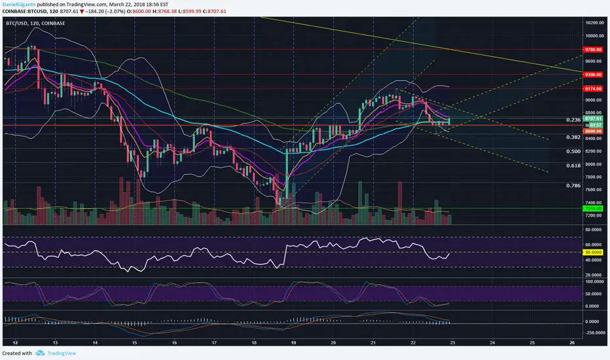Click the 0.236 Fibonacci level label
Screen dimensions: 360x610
pos(573,120)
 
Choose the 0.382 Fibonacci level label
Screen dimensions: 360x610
pos(573,137)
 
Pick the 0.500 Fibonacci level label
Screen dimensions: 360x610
pos(573,151)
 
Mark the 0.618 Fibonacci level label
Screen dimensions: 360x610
pos(573,166)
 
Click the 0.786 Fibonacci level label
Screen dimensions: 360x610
pos(573,185)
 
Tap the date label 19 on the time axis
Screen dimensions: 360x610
pos(293,342)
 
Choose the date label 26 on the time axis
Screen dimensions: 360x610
pos(572,342)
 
